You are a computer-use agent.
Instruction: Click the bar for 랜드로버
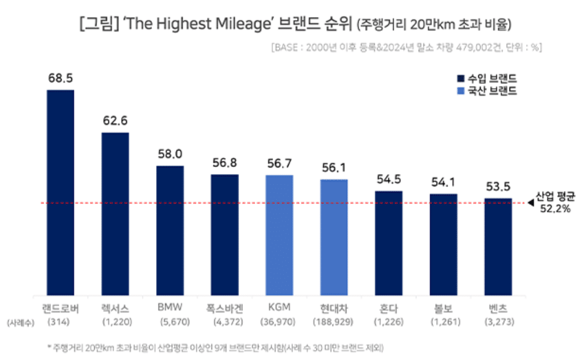(60, 192)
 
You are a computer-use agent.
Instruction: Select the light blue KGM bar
(279, 235)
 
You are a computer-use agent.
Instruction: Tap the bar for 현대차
(334, 237)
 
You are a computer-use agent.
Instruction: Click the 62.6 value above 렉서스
(115, 121)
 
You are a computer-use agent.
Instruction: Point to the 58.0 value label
(170, 154)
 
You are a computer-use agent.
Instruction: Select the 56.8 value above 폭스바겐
(225, 163)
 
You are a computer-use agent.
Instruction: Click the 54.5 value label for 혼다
(389, 180)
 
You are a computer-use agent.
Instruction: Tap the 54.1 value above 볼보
(443, 182)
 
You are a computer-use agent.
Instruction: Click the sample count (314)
(60, 322)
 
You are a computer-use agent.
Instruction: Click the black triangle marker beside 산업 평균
(530, 203)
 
